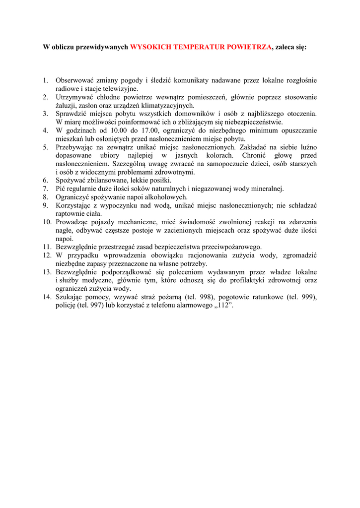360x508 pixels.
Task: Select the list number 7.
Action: pyautogui.click(x=45, y=189)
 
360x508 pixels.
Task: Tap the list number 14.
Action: pyautogui.click(x=47, y=297)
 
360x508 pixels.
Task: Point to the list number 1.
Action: pyautogui.click(x=45, y=80)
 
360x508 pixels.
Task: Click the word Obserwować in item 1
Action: pyautogui.click(x=74, y=80)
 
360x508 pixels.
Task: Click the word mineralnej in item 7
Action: pyautogui.click(x=268, y=189)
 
